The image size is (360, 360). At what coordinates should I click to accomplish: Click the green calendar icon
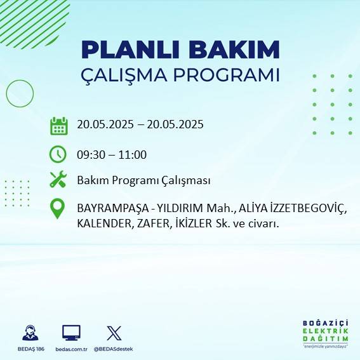(x=58, y=126)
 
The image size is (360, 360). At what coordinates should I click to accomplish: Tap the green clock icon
(x=58, y=154)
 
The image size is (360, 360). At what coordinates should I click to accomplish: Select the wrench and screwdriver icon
(x=58, y=180)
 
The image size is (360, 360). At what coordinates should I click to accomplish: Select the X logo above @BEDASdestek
(x=114, y=333)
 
